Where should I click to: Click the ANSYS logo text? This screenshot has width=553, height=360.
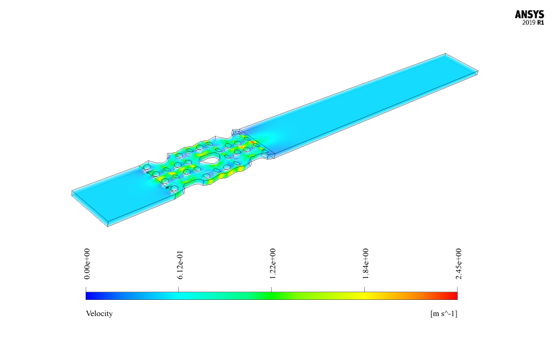[529, 15]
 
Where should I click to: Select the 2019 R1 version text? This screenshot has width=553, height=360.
[533, 23]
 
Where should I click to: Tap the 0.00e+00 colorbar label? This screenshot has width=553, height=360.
[87, 263]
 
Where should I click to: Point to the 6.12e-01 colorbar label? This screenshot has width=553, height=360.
[180, 265]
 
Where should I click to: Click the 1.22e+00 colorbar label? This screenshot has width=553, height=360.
[273, 263]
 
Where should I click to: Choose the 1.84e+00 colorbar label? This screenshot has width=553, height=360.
[366, 263]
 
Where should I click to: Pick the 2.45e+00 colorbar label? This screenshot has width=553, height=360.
[459, 263]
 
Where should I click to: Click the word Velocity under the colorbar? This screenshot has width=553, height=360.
[99, 313]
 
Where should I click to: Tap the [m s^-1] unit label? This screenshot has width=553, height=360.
[443, 313]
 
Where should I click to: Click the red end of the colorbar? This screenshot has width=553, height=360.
[455, 296]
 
